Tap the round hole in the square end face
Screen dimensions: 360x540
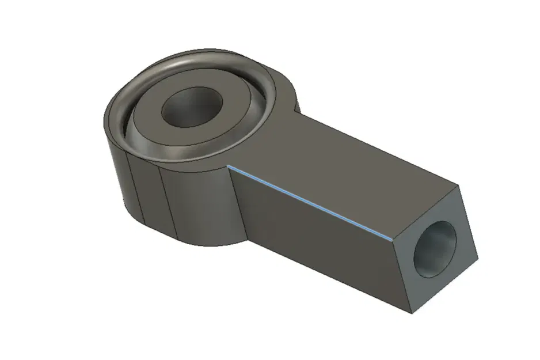click(x=436, y=248)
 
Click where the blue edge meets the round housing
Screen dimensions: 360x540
click(x=229, y=165)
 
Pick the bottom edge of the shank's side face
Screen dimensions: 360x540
click(x=328, y=276)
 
